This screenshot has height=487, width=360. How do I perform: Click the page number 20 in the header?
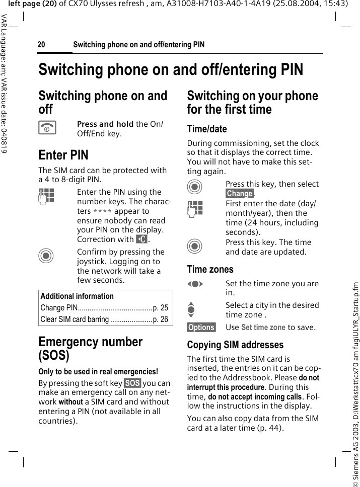click(x=41, y=45)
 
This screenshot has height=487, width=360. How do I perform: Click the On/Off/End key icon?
click(x=47, y=128)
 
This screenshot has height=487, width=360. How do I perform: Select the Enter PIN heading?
click(x=63, y=154)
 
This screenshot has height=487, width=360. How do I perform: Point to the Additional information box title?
click(x=77, y=296)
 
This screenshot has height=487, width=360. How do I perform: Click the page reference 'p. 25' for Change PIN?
click(x=161, y=307)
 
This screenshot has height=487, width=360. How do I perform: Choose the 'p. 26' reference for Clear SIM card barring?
click(x=161, y=319)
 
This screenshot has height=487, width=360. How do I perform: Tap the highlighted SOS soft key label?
click(x=132, y=383)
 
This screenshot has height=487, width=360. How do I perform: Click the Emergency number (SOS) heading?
click(x=91, y=348)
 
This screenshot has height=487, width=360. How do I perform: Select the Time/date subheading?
click(x=207, y=129)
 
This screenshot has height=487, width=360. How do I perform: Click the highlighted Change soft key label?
click(x=239, y=194)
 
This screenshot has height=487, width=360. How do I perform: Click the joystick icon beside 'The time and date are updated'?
click(x=195, y=247)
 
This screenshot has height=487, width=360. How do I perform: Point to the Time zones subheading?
click(x=210, y=269)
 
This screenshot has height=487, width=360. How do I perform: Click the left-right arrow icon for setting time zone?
click(x=195, y=284)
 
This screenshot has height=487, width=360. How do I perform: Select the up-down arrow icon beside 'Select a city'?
click(x=195, y=309)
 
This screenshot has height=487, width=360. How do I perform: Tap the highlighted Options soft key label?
click(x=201, y=328)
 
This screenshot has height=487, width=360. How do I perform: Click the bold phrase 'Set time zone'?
click(x=263, y=328)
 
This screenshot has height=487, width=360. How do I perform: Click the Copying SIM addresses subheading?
click(x=235, y=345)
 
